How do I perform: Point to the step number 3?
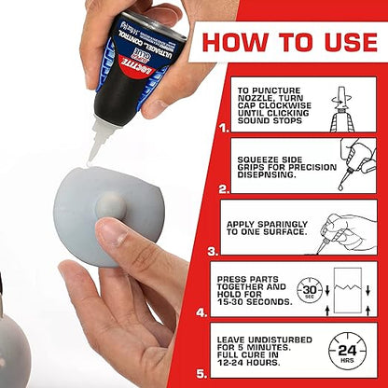coord(214,250)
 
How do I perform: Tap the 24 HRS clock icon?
coord(347,352)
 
